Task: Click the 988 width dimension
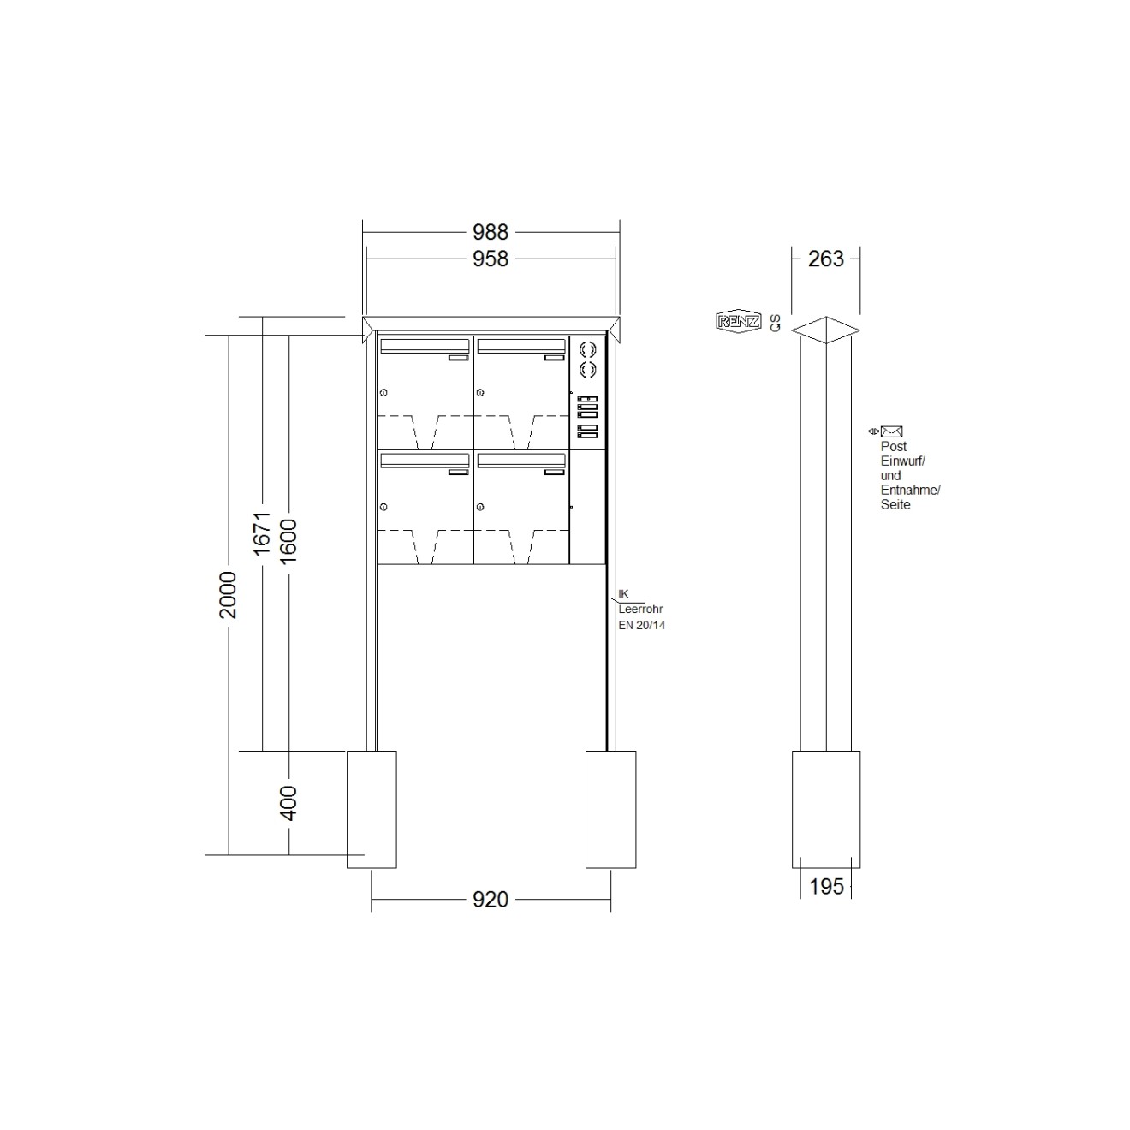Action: click(x=491, y=233)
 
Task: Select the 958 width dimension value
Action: click(x=491, y=259)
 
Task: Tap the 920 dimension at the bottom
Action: click(x=491, y=899)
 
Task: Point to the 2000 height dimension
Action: click(x=228, y=595)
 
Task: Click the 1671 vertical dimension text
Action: click(x=262, y=533)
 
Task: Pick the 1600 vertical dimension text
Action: click(x=288, y=541)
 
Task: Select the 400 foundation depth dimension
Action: click(x=288, y=803)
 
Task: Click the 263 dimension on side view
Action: click(x=825, y=259)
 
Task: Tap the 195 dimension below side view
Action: click(x=826, y=887)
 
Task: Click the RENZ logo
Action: click(x=738, y=321)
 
